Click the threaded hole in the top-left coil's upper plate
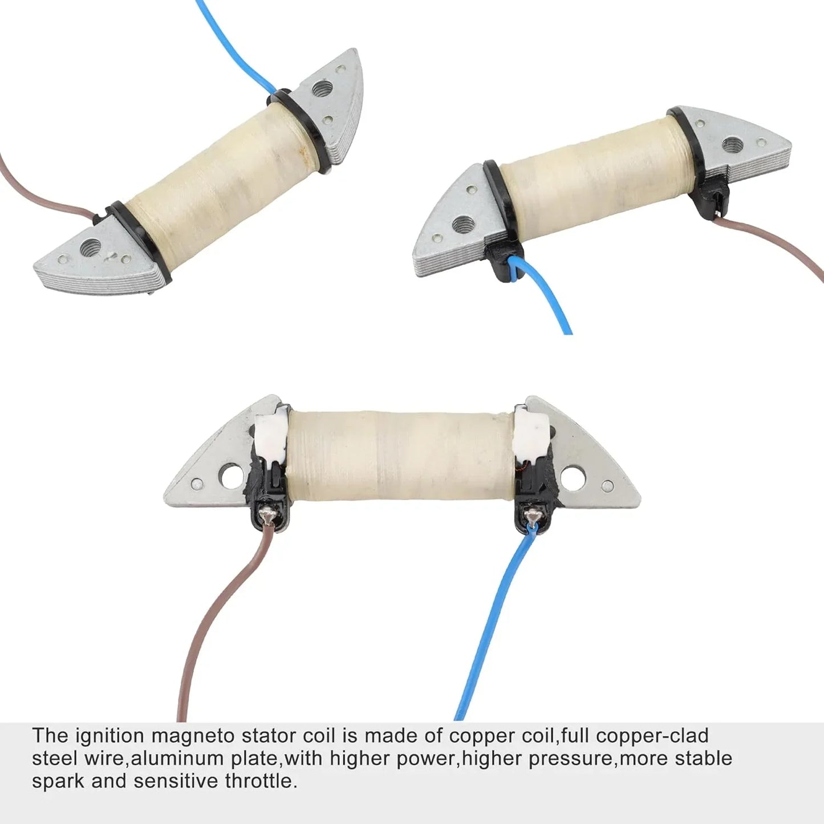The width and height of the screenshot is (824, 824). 322,88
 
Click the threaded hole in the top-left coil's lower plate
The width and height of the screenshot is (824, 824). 91,246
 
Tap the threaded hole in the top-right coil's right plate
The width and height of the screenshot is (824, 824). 732,145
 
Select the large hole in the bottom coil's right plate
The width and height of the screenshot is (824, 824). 573,479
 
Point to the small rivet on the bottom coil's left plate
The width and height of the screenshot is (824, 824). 197,484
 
